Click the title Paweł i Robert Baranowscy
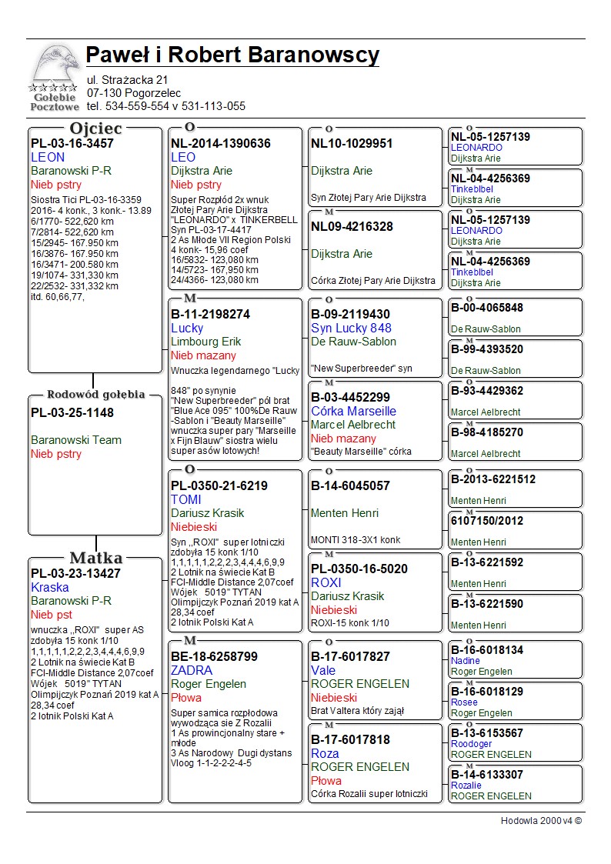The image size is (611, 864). pos(232,55)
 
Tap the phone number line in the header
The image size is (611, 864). pos(165,106)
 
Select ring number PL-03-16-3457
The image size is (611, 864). pos(72,143)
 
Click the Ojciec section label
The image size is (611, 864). pos(95,128)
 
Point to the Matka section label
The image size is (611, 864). pos(95,558)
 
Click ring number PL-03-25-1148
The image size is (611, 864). pos(72,412)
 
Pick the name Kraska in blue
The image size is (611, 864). pos(50,587)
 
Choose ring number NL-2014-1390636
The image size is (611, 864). pos(221,143)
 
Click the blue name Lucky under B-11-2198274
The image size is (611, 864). pos(187,328)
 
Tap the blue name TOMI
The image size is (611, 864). pos(185,499)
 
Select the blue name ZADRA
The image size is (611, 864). pos(192,670)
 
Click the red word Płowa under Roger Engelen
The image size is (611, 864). pos(186,698)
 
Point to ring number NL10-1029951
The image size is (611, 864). pos(352,143)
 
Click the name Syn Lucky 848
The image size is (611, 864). pos(351,328)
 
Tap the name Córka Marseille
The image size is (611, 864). pos(353,411)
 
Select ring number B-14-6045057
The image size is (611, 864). pos(350,485)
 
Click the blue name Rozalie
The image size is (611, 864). pos(466,786)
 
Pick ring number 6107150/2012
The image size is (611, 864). pos(488,521)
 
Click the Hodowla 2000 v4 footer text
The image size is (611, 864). pos(541,821)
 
